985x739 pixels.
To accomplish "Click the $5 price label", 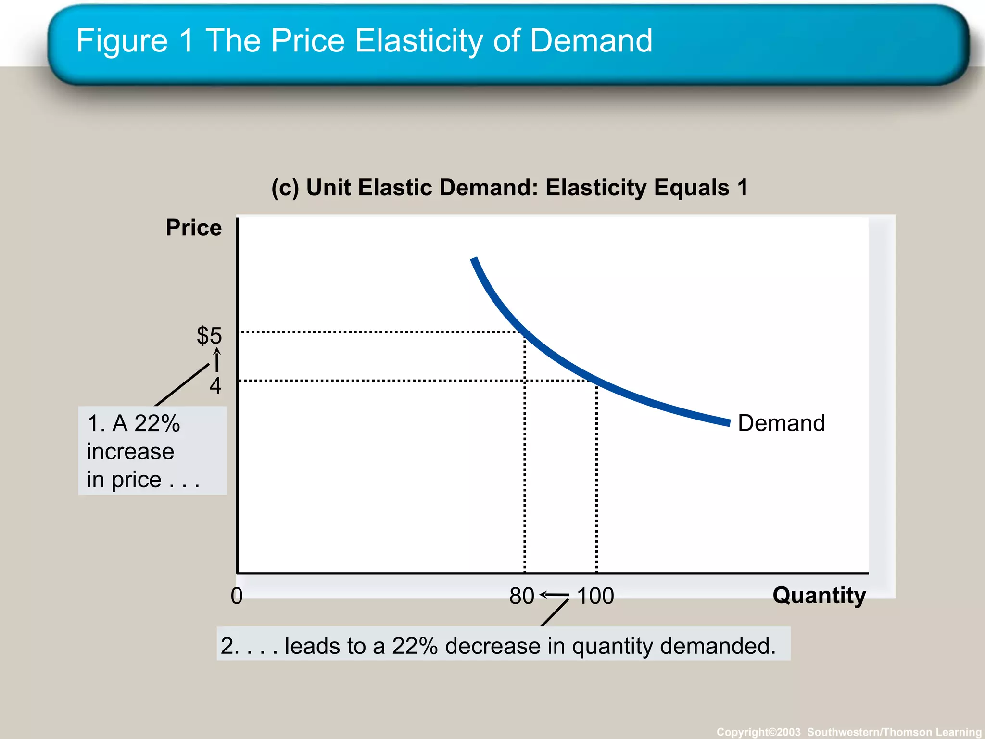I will pos(209,335).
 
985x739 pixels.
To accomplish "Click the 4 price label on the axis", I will pos(215,386).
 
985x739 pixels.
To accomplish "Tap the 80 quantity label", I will pos(522,596).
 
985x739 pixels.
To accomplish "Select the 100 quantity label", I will pos(595,596).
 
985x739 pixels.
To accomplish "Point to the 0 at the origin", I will pos(237,596).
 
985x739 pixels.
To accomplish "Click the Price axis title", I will pos(193,228).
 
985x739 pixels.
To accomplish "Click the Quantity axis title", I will pos(819,595).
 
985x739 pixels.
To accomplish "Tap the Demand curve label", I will pos(781,423).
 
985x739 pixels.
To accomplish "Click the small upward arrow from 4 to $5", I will pos(217,360).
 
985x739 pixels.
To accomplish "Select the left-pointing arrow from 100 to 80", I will pos(555,595).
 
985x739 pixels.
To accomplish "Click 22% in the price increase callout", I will pos(157,423).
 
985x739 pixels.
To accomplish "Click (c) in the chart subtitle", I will pos(285,188).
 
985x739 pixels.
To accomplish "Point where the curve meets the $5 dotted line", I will pos(522,332).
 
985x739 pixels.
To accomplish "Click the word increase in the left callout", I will pos(130,452).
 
